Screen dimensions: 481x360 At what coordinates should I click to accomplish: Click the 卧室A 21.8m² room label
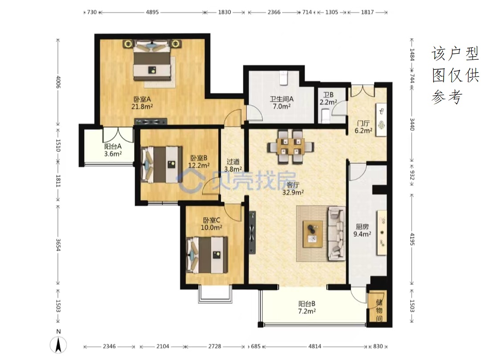142,103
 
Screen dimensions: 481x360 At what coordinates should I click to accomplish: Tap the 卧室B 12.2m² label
199,162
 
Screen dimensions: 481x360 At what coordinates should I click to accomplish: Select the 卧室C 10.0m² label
212,224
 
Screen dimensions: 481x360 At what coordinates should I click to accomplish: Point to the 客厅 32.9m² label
293,189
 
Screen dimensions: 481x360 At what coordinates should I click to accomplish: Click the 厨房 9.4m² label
362,231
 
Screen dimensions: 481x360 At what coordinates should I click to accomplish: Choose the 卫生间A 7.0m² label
281,103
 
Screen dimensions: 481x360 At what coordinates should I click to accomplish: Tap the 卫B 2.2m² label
328,99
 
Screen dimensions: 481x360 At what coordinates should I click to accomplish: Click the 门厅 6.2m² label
363,127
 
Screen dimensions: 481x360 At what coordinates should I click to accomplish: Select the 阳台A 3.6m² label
113,150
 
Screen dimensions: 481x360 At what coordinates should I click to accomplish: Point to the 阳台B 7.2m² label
307,307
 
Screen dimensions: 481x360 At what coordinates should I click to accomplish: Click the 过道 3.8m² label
233,166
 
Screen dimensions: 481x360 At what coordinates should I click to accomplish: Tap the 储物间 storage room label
379,310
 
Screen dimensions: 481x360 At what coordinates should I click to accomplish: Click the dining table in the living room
290,146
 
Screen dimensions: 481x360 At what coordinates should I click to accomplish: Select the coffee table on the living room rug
313,234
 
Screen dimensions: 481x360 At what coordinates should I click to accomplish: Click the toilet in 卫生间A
283,78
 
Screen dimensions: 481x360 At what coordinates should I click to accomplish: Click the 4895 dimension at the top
152,12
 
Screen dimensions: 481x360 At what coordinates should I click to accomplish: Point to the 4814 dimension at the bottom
315,346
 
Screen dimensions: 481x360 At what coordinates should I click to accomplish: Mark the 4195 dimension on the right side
412,239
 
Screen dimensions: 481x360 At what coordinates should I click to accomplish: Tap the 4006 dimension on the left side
58,82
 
